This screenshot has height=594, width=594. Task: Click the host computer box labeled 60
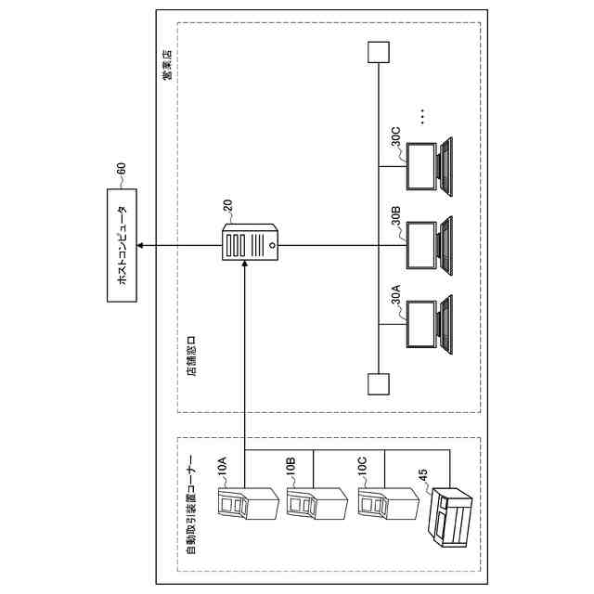pyautogui.click(x=120, y=245)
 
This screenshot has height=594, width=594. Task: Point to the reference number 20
pyautogui.click(x=227, y=205)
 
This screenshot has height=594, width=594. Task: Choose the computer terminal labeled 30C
pyautogui.click(x=433, y=167)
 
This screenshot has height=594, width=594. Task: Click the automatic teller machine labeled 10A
pyautogui.click(x=246, y=507)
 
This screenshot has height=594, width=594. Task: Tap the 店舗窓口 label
pyautogui.click(x=192, y=358)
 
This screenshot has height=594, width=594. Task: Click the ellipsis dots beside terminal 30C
pyautogui.click(x=421, y=116)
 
